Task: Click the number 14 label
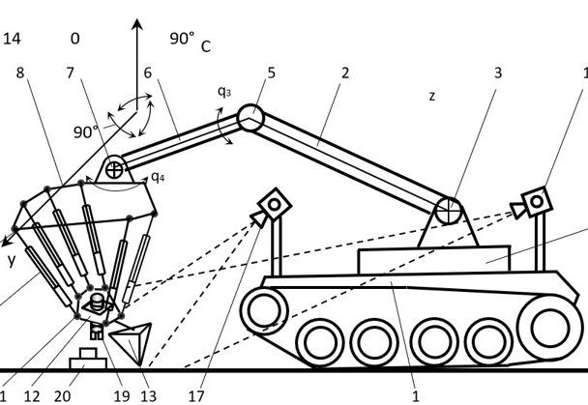click(13, 39)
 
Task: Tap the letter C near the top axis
click(206, 45)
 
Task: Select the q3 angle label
click(223, 93)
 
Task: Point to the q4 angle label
click(157, 177)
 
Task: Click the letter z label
click(432, 96)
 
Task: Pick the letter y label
click(13, 261)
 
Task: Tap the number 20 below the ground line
click(62, 395)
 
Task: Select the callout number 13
click(148, 395)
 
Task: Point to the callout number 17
click(196, 395)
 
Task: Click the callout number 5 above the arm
click(271, 72)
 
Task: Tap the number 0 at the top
click(74, 39)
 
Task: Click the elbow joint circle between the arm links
click(251, 118)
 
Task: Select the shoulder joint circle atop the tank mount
click(447, 210)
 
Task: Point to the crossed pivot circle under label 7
click(115, 170)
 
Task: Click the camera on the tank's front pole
click(275, 205)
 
